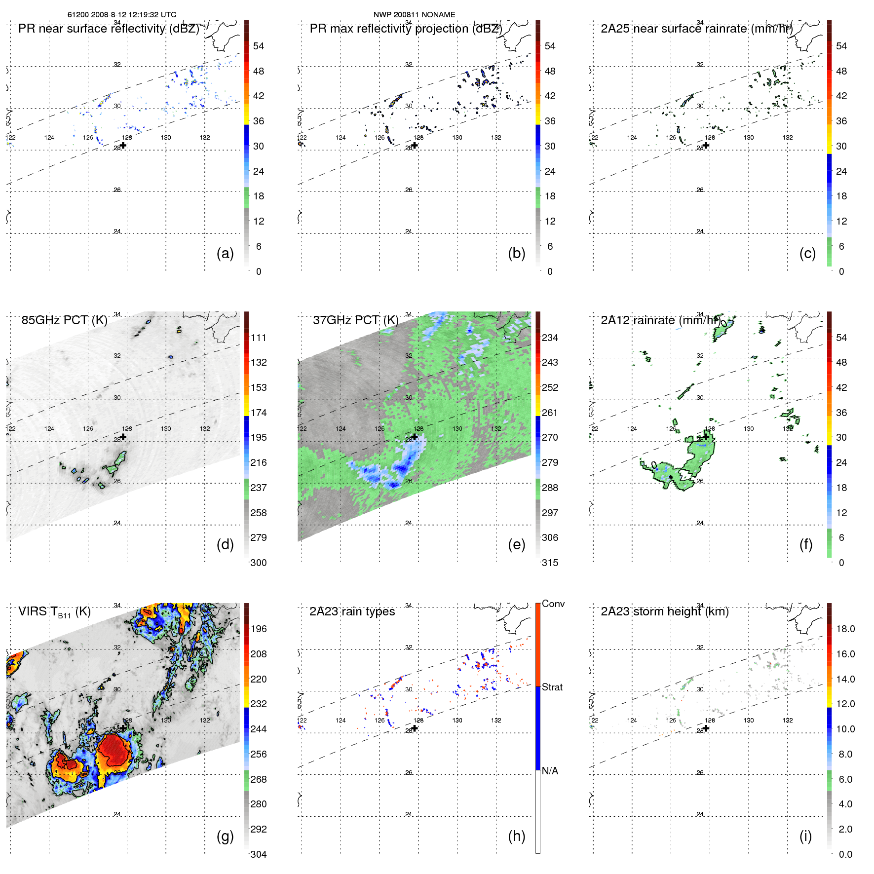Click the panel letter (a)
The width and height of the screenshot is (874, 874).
[x=225, y=254]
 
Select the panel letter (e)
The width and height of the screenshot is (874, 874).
[x=516, y=545]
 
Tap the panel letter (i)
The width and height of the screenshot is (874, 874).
[x=805, y=836]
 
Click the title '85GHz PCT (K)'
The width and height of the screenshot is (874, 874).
[x=64, y=320]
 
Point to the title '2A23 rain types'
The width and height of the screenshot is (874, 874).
[x=352, y=611]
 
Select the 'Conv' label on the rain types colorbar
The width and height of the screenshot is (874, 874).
[x=553, y=604]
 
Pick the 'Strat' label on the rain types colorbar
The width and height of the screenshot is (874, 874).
[x=552, y=687]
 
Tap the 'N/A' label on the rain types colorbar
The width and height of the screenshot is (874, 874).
[x=550, y=771]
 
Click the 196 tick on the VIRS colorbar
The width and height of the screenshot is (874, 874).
[x=258, y=629]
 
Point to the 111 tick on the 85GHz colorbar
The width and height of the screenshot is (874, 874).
[x=258, y=338]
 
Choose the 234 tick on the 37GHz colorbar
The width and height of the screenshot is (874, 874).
[x=550, y=338]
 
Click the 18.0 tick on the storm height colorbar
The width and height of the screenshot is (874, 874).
[x=845, y=629]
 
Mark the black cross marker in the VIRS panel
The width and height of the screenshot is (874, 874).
[x=123, y=728]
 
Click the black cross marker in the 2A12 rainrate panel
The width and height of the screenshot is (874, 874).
[x=706, y=437]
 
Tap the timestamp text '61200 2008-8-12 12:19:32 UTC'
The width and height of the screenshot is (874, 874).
[x=122, y=15]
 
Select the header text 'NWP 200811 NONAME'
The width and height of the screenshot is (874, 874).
[x=414, y=15]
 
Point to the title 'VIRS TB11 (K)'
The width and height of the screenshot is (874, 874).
[x=54, y=612]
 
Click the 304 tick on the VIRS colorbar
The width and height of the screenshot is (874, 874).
[x=258, y=854]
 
